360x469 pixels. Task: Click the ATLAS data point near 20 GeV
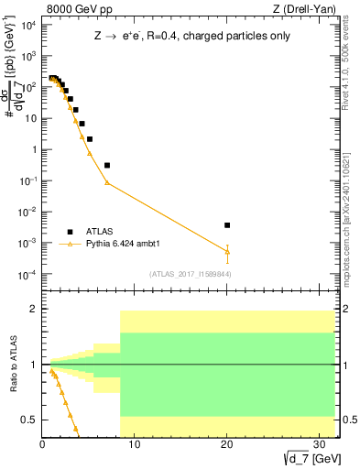click(227, 224)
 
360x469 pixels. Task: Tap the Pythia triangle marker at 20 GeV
click(227, 251)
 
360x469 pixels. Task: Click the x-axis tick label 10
click(135, 445)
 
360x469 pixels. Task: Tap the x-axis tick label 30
click(319, 445)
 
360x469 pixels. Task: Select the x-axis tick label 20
click(226, 445)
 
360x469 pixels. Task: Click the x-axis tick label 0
click(42, 445)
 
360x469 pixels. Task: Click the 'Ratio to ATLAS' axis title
click(14, 365)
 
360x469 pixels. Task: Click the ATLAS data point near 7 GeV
click(107, 165)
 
